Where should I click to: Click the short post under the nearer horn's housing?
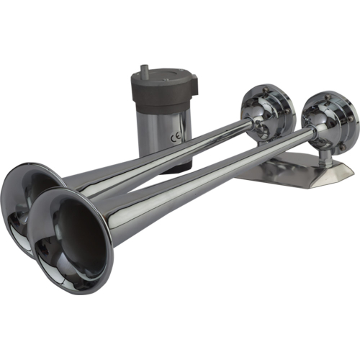(325, 155)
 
